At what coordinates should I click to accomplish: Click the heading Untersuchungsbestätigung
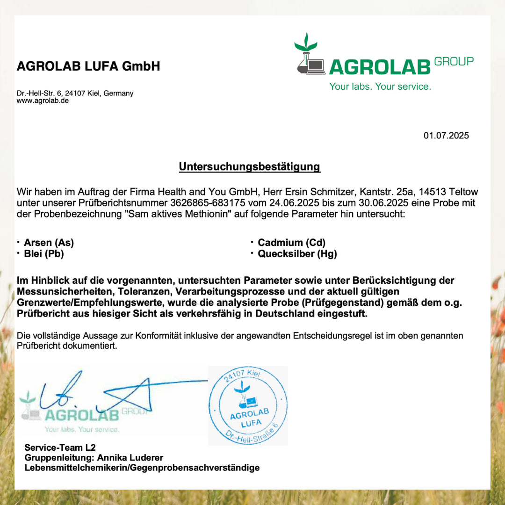point(250,167)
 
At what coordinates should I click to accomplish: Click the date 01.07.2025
point(446,136)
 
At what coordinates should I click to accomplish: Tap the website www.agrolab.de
point(43,101)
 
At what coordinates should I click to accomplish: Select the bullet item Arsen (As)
point(49,243)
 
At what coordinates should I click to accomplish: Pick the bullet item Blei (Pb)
point(43,254)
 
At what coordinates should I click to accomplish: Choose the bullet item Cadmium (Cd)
point(291,243)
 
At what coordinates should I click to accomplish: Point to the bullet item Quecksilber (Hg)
point(297,254)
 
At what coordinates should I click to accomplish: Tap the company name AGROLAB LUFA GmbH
point(88,66)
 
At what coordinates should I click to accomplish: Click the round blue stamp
point(248,405)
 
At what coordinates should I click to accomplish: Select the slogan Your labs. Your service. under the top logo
point(380,87)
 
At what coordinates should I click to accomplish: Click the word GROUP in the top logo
point(454,61)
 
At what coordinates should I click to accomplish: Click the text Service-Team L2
point(60,447)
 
